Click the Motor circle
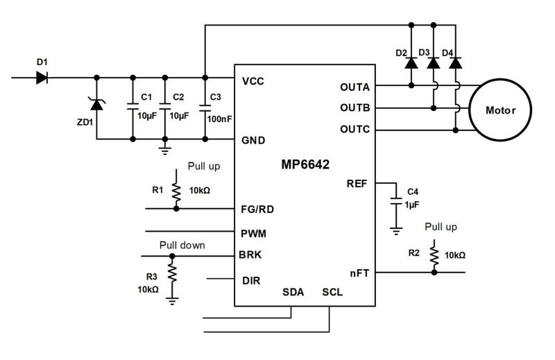tap(501, 110)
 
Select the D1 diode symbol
tap(42, 78)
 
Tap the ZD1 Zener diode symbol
tap(96, 104)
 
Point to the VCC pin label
tap(253, 82)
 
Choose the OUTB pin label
tap(355, 108)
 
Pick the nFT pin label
tap(359, 273)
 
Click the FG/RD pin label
tap(257, 209)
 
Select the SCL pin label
tap(332, 292)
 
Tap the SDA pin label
tap(293, 292)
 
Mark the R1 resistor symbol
tap(176, 191)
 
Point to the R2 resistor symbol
tap(434, 256)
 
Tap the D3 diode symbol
tap(434, 63)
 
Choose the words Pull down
tap(182, 244)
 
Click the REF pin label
tap(356, 184)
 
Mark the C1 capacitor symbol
tap(133, 107)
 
